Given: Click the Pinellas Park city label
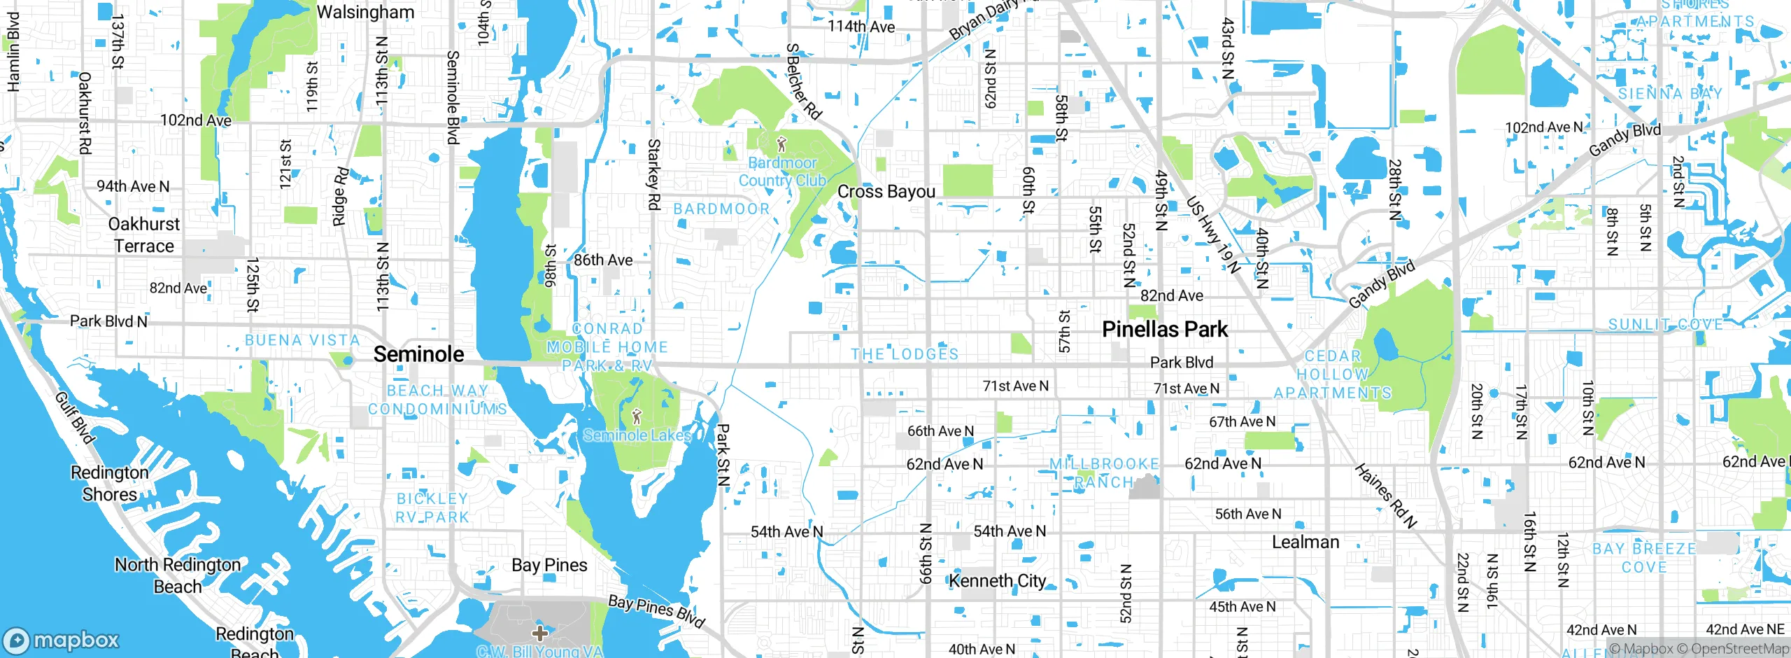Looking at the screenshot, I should [x=1165, y=329].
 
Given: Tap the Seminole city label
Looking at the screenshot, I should [x=418, y=354].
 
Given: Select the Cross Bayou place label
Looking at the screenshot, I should [x=886, y=191].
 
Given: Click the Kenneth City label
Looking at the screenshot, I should [x=998, y=581].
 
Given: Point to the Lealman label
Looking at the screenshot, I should [x=1305, y=542].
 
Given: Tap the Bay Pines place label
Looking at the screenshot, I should [x=549, y=565].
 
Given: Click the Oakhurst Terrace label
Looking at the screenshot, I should [x=144, y=235].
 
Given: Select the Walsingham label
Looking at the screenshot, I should [x=365, y=12].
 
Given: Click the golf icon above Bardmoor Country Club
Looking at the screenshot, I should [x=782, y=145].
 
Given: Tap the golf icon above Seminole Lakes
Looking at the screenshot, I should [x=636, y=417].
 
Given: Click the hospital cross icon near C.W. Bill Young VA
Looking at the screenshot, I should [x=539, y=633].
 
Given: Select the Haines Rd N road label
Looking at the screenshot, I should [x=1385, y=496].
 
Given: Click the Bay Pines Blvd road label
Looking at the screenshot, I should [x=656, y=611].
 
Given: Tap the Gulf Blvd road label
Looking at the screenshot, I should [x=75, y=418].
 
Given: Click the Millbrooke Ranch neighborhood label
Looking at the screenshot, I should [x=1104, y=473].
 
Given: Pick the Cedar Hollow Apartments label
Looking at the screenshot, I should [x=1332, y=374].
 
